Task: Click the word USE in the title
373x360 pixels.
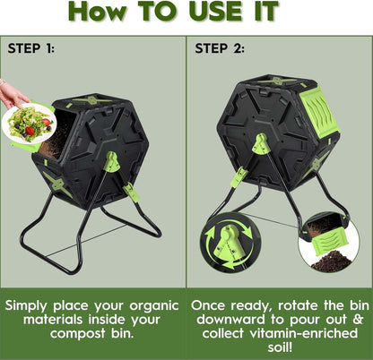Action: point(215,12)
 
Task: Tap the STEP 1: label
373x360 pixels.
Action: point(31,48)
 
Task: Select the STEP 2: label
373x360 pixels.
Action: point(220,48)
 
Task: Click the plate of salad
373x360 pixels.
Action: point(29,124)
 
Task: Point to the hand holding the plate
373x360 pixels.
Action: point(12,94)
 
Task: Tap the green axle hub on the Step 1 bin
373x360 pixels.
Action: point(112,161)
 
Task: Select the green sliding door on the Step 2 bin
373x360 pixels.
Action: point(317,112)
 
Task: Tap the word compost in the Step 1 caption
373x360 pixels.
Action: point(77,334)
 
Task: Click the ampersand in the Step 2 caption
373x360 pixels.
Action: point(358,320)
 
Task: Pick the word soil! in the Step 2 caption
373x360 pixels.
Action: point(280,347)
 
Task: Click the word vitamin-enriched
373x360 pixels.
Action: point(303,333)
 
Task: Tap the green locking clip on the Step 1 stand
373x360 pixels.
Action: point(131,192)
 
